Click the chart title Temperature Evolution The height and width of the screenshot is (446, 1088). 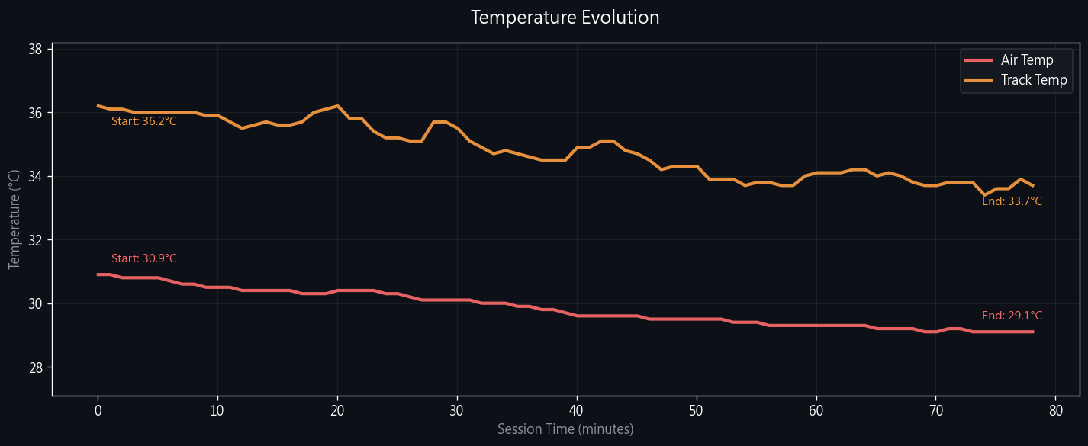point(565,18)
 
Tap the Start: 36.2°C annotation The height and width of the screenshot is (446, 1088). point(144,121)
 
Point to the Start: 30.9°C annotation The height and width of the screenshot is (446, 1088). point(144,258)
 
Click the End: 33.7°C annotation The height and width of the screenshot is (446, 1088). point(1012,201)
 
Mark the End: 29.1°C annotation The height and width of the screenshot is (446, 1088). point(1012,316)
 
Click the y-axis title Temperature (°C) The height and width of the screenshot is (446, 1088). point(14,220)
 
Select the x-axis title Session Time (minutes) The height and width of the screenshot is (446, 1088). point(565,429)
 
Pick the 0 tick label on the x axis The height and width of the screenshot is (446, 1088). point(98,409)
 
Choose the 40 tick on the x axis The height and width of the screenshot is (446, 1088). point(577,409)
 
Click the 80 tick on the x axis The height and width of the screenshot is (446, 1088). point(1055,409)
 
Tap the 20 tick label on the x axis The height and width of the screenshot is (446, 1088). point(337,409)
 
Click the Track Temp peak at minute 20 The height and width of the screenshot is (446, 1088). point(337,106)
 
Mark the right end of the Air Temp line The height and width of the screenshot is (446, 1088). point(1032,332)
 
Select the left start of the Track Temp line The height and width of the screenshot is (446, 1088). point(98,106)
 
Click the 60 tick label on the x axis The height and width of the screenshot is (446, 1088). point(816,409)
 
